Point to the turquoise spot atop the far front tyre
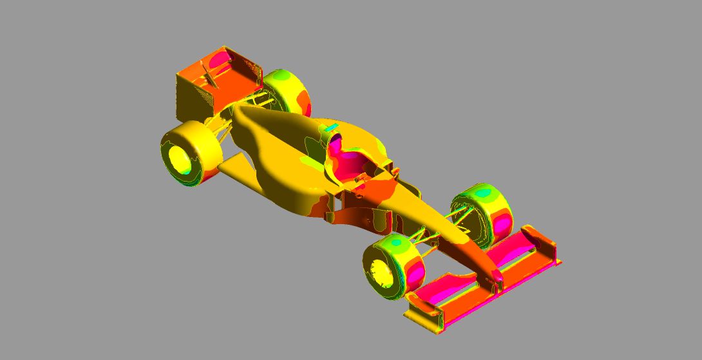pyautogui.click(x=481, y=194)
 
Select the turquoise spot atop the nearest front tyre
pyautogui.click(x=395, y=243)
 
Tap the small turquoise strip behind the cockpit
pyautogui.click(x=330, y=129)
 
